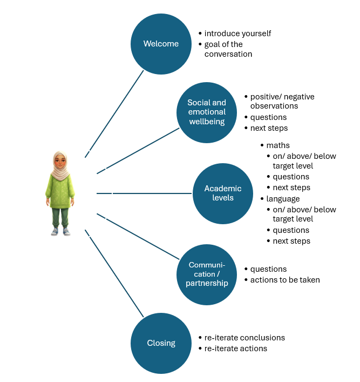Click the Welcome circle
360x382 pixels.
[x=161, y=44]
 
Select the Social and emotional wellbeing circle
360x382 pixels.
[x=207, y=112]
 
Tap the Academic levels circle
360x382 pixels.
[x=223, y=193]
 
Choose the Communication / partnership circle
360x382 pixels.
[x=208, y=274]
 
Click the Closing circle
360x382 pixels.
[x=161, y=343]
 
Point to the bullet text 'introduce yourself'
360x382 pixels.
[x=237, y=33]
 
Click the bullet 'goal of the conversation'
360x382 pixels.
[x=228, y=49]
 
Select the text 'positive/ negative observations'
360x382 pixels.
[x=282, y=102]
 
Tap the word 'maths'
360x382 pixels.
[x=278, y=145]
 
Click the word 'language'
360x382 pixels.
[x=283, y=199]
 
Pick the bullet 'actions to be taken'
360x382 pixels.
[x=285, y=280]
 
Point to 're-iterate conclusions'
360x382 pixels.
[x=244, y=338]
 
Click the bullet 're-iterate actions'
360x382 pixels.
[x=235, y=349]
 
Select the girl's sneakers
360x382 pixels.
[x=60, y=231]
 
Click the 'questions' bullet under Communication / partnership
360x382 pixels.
[x=268, y=269]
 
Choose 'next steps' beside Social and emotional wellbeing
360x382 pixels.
[x=269, y=128]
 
